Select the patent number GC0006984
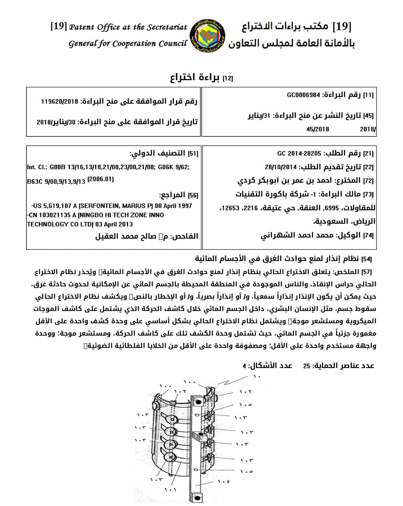point(303,95)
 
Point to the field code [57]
point(367,272)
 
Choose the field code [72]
point(368,181)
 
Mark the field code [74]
point(368,236)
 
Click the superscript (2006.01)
point(100,179)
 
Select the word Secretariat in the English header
point(167,27)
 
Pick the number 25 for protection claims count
point(306,366)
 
